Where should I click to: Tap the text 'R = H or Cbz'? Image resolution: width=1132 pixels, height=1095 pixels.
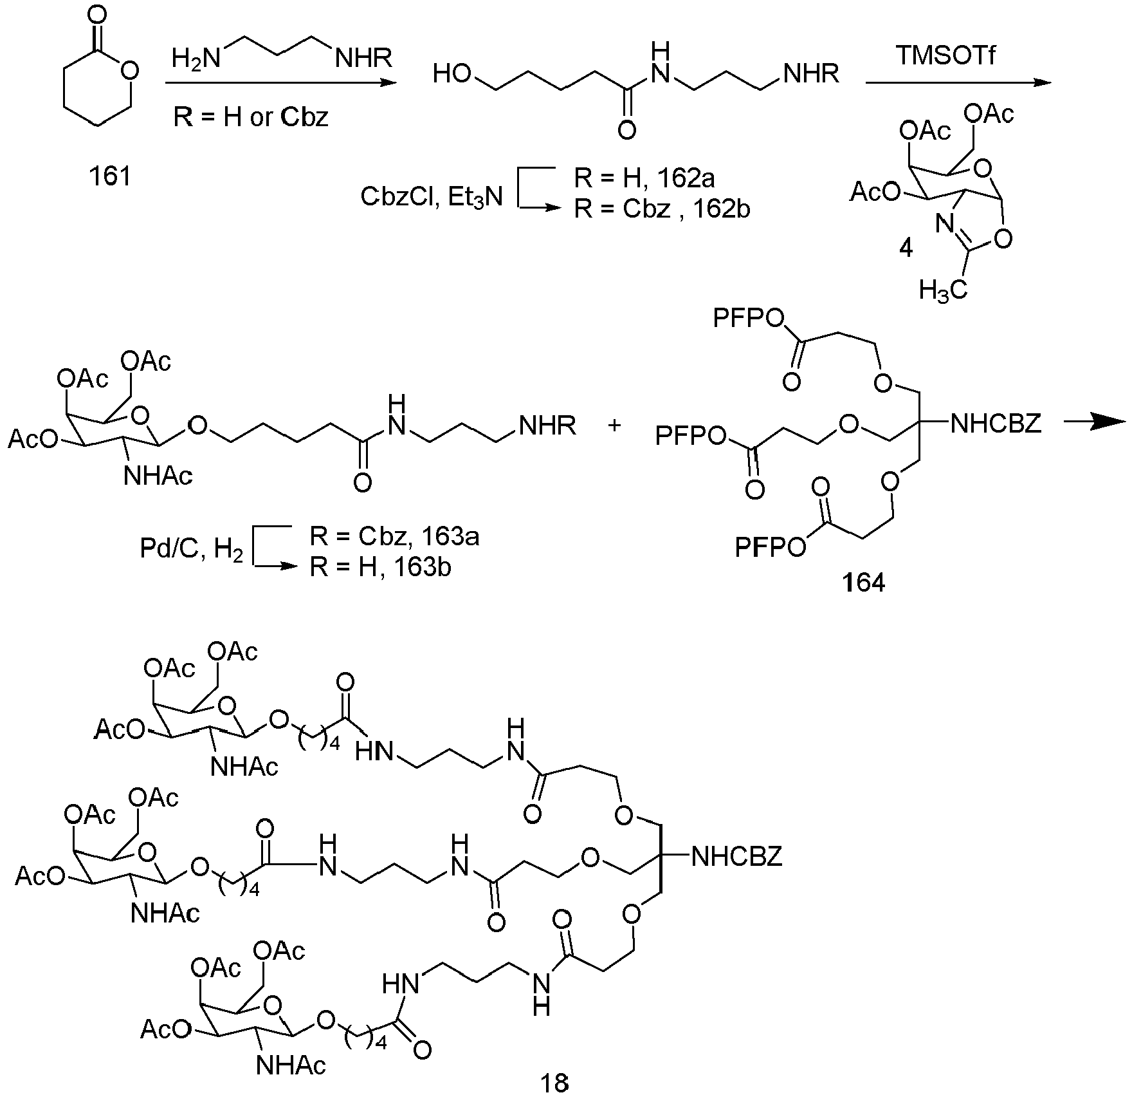251,117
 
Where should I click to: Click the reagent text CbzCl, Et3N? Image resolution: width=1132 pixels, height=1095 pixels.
432,196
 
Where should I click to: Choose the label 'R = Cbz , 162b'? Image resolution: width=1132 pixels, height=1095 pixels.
662,210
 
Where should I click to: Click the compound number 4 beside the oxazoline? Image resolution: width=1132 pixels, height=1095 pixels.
906,248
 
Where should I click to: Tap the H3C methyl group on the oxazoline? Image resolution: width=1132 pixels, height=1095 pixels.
943,290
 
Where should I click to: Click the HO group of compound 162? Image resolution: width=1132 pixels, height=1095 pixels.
455,75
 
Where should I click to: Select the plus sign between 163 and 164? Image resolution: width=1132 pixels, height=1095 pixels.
616,425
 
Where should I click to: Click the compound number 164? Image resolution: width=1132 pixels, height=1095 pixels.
864,583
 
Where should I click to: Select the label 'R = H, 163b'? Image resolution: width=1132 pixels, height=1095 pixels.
381,568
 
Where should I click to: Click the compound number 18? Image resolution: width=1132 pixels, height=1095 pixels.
554,1081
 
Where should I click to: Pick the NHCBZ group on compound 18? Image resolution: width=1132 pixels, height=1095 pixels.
736,856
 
